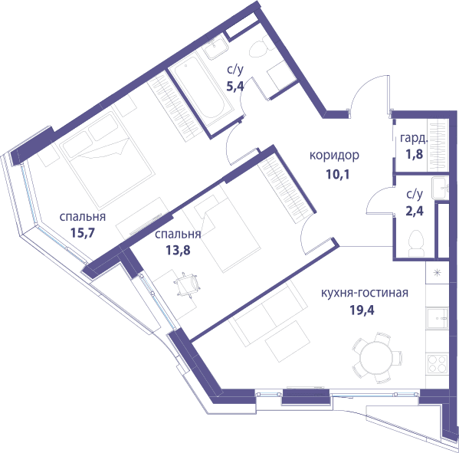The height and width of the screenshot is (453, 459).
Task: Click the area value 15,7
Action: [83, 233]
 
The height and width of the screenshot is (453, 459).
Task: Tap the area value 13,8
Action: [178, 250]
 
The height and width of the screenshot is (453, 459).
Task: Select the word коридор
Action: [334, 156]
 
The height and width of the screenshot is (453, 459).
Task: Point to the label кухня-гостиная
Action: [365, 293]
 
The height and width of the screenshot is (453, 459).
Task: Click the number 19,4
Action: [362, 310]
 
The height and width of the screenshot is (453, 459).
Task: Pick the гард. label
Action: [414, 138]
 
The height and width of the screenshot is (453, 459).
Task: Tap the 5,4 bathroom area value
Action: [234, 86]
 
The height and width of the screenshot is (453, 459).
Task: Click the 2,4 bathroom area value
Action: [415, 211]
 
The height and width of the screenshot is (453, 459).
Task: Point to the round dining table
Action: [375, 358]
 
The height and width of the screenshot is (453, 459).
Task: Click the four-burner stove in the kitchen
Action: [438, 364]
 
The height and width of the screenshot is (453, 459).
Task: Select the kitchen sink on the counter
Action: [438, 318]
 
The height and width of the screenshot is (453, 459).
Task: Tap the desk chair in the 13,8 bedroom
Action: [187, 284]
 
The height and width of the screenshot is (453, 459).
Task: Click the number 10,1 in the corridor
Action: [337, 174]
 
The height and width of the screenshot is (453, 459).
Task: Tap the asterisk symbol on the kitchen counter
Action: [438, 274]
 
